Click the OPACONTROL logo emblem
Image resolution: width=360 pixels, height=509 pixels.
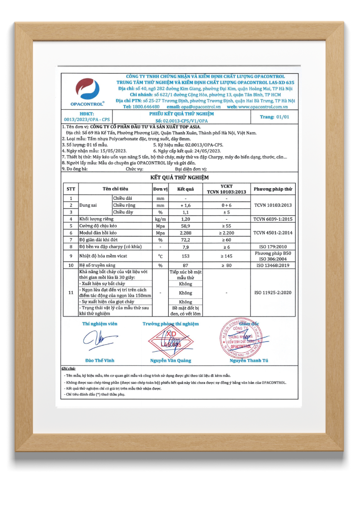point(87,89)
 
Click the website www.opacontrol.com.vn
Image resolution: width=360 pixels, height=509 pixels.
point(263,107)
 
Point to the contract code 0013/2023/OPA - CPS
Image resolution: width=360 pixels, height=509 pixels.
point(87,120)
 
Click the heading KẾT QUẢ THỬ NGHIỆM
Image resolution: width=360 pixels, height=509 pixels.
point(179,178)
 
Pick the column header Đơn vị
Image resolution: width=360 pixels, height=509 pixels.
point(160,189)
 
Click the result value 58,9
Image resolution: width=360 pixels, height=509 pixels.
point(185,226)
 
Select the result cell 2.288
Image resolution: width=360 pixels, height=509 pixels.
point(185,233)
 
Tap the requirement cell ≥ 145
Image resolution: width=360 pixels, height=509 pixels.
point(226,256)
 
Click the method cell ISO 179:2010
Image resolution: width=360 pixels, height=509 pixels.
point(273,247)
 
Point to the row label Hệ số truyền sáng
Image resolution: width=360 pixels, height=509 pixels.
point(97,265)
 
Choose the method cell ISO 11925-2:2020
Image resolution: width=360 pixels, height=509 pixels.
point(273,293)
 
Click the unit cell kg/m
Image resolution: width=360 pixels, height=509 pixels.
point(160,219)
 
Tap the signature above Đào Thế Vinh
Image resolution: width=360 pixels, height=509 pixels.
point(100,340)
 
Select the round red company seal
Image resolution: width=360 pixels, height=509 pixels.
point(240,338)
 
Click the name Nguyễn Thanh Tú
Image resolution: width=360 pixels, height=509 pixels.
point(249,361)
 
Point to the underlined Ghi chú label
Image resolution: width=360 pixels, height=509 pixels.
point(68,369)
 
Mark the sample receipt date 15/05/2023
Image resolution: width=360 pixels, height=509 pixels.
point(113,151)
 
